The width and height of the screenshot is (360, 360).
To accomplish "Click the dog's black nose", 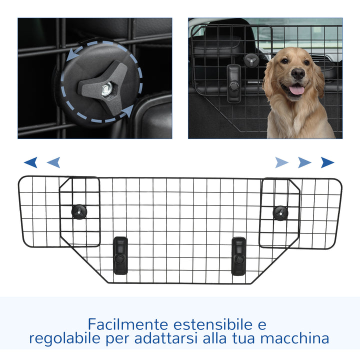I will coord(298,73).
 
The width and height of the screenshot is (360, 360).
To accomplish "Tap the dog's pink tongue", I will coord(296,90).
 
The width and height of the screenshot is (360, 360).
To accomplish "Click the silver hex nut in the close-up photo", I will coord(106,90).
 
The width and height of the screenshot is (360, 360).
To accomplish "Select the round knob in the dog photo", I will coord(249,59).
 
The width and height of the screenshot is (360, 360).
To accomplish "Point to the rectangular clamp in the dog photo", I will coord(233,83).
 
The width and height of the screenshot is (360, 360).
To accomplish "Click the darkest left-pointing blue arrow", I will coord(31,162).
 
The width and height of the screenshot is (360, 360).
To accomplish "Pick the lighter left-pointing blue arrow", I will coord(53,162).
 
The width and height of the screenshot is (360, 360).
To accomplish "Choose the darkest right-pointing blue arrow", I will coord(327,162).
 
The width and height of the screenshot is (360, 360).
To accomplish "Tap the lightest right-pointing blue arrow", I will coord(282,162).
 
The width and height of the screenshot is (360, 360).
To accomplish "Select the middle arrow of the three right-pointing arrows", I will coord(304,162).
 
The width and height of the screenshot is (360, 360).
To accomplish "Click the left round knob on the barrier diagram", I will coord(78,210).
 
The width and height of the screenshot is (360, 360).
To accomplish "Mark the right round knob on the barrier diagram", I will coord(280,212).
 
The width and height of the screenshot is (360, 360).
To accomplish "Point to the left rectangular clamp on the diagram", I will coord(120,255).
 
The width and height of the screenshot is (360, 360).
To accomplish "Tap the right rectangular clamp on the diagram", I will coord(239,255).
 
